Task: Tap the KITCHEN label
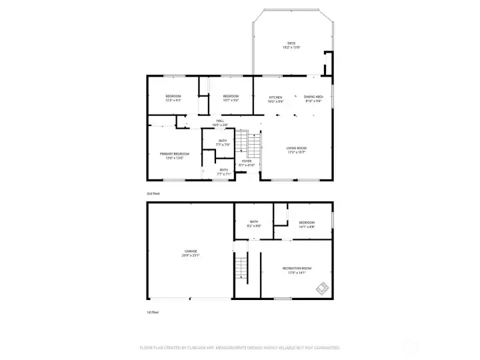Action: point(275,97)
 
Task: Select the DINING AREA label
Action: point(313,97)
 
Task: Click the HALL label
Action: point(220,121)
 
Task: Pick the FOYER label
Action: point(247,161)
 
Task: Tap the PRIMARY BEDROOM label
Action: point(171,154)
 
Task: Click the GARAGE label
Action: point(191,251)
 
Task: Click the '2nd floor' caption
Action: point(153,193)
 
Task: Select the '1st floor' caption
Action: point(153,311)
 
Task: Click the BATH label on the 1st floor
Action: point(254,222)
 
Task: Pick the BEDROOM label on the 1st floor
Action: point(307,222)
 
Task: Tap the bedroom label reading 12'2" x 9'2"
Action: point(173,97)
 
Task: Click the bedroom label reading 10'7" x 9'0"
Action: point(231,97)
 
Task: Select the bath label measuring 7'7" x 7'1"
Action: point(224,170)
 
